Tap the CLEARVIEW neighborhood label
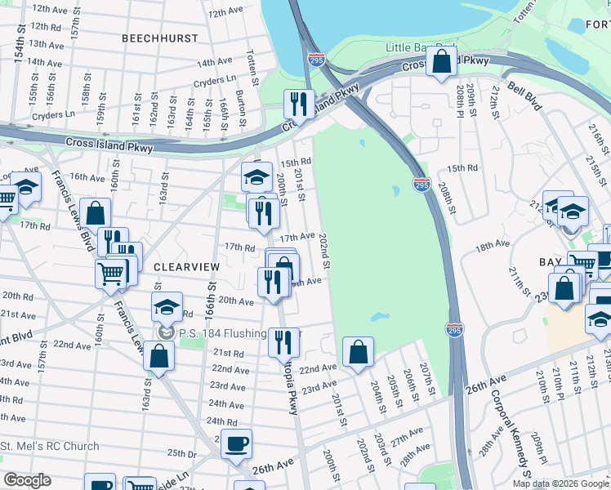(185, 267)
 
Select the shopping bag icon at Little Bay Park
(441, 61)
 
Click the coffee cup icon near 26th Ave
(236, 443)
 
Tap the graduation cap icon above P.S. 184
(167, 307)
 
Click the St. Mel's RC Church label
(50, 447)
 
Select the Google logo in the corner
(26, 480)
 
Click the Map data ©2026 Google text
(560, 483)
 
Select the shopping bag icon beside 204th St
(358, 352)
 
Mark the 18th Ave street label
(493, 245)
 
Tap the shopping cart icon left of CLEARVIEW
(110, 274)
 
